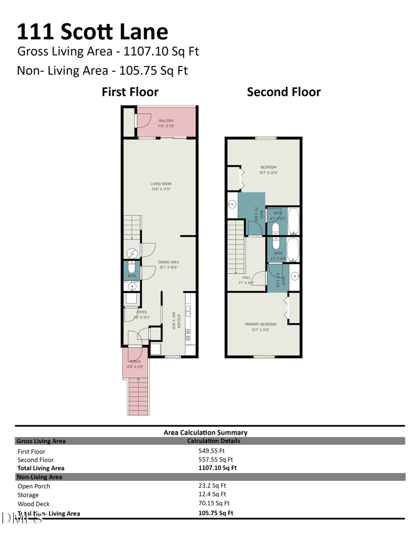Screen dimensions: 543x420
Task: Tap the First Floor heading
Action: pos(130,92)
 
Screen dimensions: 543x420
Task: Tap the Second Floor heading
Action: pos(283,92)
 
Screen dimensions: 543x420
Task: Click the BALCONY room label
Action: pos(166,121)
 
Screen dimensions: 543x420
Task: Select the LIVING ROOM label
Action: pos(161,184)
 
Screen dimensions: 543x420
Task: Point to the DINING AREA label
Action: pos(169,262)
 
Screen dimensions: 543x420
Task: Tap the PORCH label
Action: pos(135,361)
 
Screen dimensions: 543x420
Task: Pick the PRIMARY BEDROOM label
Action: pos(260,324)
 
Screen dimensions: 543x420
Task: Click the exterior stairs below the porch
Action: pos(139,396)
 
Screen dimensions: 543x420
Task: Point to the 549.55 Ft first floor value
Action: pos(212,451)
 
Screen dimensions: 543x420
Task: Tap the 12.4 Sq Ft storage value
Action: pos(212,494)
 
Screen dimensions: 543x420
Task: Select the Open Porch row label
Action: pos(34,486)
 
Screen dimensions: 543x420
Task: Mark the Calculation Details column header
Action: pos(213,441)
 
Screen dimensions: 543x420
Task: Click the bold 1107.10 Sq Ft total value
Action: pos(217,467)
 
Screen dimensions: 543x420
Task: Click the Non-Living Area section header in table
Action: pos(40,477)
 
